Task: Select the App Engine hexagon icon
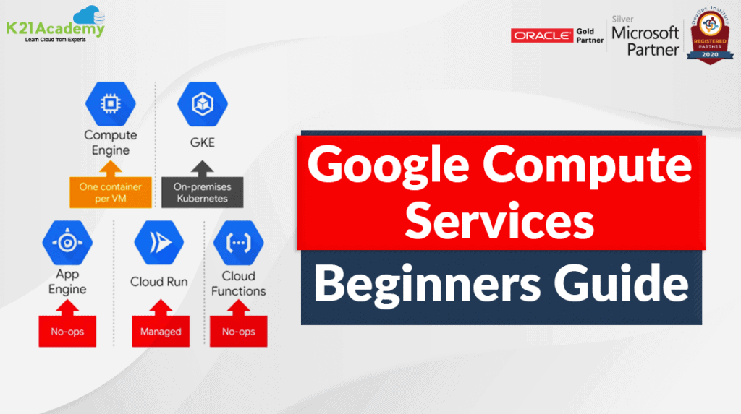point(67,243)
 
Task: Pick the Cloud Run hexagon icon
point(158,243)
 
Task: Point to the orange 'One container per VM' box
point(111,191)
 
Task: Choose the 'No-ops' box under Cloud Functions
point(238,332)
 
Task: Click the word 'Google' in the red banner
point(391,168)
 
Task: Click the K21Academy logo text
point(54,29)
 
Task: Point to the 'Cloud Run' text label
point(158,282)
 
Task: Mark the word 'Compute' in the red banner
point(588,168)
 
